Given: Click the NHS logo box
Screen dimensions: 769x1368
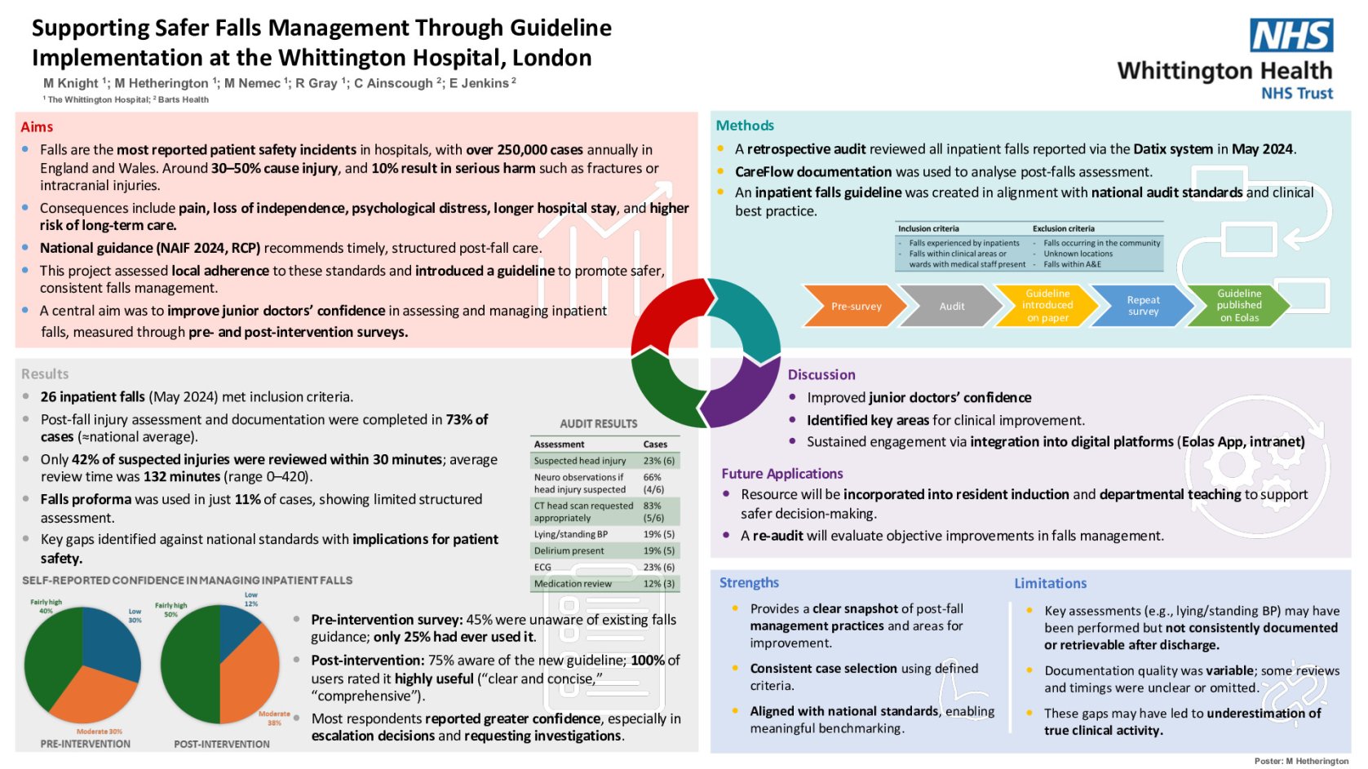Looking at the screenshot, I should (x=1291, y=36).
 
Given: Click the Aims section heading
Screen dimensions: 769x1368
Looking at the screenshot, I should (x=37, y=126).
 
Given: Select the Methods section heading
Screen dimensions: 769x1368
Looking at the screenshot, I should (x=744, y=125).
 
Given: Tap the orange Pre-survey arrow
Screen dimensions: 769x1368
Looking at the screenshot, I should (x=854, y=306).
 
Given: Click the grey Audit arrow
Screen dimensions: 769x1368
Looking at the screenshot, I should (x=951, y=306).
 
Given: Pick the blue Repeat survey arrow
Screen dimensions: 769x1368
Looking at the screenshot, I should (x=1142, y=305).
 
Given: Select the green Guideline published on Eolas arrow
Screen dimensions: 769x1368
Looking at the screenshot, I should (x=1238, y=305).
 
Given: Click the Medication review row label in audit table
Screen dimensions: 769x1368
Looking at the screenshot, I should (x=573, y=583).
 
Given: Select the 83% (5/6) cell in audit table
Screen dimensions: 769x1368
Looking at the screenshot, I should (x=653, y=511).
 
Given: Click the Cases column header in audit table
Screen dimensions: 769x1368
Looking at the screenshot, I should (x=655, y=444).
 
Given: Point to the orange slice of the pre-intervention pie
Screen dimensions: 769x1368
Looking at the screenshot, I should (x=91, y=693).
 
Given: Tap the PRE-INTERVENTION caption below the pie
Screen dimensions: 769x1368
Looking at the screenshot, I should (x=85, y=744).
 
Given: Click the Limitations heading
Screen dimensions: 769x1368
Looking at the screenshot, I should (x=1050, y=583).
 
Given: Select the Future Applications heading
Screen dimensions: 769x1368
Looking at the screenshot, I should (x=781, y=473).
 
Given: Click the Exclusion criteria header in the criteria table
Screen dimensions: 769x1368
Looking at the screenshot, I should (x=1063, y=228).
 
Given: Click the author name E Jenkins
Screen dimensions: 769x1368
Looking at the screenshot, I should (x=479, y=83).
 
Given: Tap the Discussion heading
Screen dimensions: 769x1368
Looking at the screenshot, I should (x=821, y=374).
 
